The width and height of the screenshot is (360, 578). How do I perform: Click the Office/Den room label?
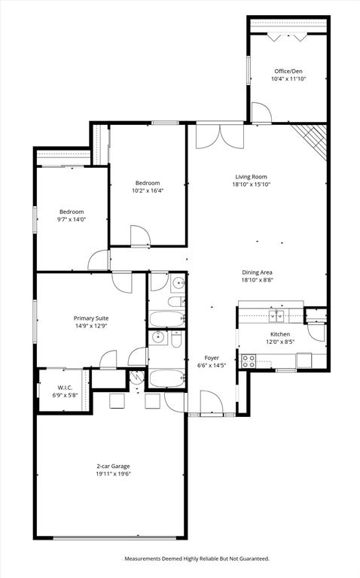point(288,71)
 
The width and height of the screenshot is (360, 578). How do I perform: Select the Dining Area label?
point(256,272)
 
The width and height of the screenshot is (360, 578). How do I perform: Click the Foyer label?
point(212,357)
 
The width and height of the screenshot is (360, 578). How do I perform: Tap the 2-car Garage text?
point(111,466)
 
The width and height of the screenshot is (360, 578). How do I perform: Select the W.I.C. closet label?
point(64,388)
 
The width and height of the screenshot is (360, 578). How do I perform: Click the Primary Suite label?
point(90,318)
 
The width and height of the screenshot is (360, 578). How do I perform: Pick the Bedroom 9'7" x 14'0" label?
point(72,211)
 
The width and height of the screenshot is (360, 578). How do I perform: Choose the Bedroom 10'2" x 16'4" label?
point(148,183)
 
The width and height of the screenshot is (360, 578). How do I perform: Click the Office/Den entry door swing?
point(261,114)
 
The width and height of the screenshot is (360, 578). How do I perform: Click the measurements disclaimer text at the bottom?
point(196,558)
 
